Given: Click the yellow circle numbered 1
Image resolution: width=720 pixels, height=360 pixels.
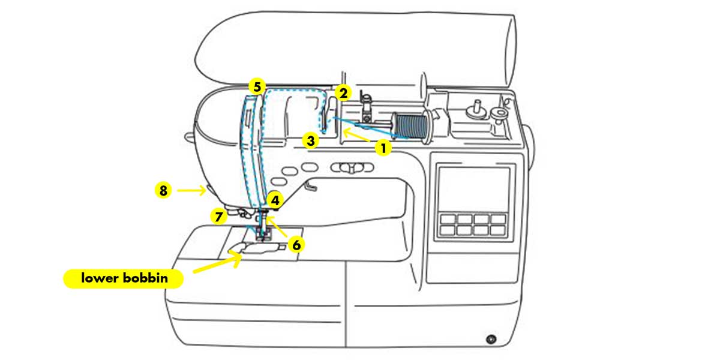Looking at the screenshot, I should [383, 147].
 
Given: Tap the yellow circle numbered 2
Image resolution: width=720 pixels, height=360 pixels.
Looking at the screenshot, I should [343, 94].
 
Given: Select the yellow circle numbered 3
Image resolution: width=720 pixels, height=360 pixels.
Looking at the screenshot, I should [310, 142].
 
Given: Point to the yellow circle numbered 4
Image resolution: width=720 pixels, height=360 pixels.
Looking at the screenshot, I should [275, 200].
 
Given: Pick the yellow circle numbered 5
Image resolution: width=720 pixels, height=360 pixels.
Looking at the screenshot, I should [257, 87].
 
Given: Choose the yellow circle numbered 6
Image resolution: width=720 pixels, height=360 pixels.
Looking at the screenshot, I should [296, 244].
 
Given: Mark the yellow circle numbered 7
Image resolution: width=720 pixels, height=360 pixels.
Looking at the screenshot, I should [219, 215].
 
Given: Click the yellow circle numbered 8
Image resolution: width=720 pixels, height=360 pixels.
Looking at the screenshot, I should [163, 191].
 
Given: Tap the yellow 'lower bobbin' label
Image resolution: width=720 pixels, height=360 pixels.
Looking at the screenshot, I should [124, 279].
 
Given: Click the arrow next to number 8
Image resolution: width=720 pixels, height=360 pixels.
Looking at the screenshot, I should [193, 191].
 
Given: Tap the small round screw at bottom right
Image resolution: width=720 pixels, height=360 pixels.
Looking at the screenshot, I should [491, 340].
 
